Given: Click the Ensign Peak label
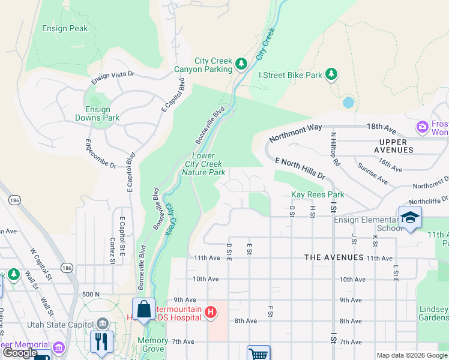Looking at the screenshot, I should pyautogui.click(x=65, y=28).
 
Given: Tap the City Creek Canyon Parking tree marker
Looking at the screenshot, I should pyautogui.click(x=241, y=63).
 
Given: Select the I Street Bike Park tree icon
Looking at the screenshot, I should pyautogui.click(x=331, y=75).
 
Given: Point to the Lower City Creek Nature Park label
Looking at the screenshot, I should pyautogui.click(x=203, y=164).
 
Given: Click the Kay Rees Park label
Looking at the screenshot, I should pyautogui.click(x=318, y=194).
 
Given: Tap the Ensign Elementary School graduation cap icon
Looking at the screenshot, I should pyautogui.click(x=410, y=217).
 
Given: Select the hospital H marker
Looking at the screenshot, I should pyautogui.click(x=211, y=311).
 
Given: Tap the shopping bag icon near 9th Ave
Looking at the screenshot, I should pyautogui.click(x=143, y=309).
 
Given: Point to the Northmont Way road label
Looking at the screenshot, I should pyautogui.click(x=295, y=133).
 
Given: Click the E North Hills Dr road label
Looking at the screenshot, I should pyautogui.click(x=300, y=169).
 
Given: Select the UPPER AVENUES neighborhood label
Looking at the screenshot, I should pyautogui.click(x=402, y=142).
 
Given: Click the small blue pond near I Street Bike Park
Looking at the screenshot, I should pyautogui.click(x=348, y=102).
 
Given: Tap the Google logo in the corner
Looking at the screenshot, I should pyautogui.click(x=20, y=353).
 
